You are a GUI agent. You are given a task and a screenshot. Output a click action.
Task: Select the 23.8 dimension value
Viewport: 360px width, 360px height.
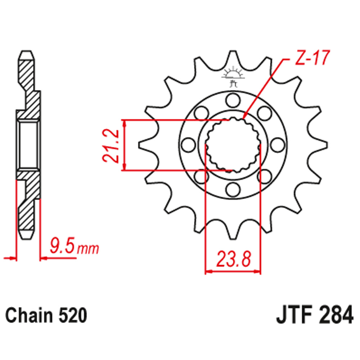(x=232, y=258)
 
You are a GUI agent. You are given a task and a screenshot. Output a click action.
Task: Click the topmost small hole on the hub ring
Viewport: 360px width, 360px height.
(x=232, y=99)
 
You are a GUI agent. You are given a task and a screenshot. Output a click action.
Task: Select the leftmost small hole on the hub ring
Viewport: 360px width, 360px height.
(x=187, y=145)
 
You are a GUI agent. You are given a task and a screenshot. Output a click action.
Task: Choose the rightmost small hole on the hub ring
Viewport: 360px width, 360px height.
(x=277, y=145)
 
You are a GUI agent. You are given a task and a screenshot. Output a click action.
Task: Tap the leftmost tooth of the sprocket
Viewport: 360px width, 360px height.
(x=141, y=144)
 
